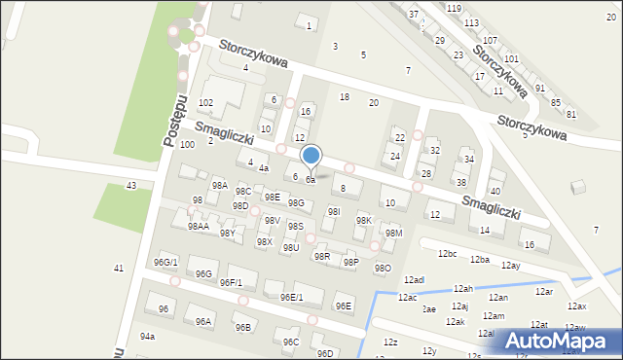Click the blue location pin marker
(x=311, y=156)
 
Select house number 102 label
(x=205, y=102)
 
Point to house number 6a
(x=311, y=180)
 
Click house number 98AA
(x=199, y=226)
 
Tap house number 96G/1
(x=165, y=262)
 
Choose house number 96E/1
(x=292, y=297)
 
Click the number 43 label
(x=131, y=185)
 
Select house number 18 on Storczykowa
(x=344, y=96)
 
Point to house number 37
(x=414, y=14)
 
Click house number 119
(x=454, y=8)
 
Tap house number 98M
(x=393, y=234)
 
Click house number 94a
(x=147, y=336)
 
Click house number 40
(x=495, y=191)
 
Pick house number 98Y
(x=227, y=234)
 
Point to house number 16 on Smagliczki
(x=529, y=244)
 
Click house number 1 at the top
(x=309, y=24)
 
